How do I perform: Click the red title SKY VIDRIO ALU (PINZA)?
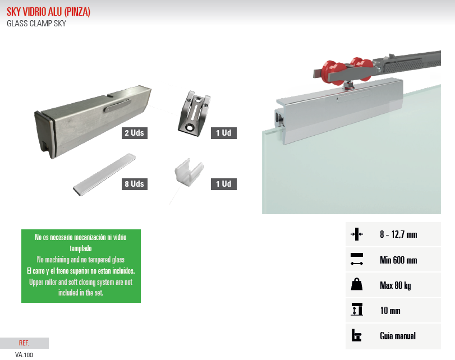point(48,12)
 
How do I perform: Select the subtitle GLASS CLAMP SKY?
point(36,24)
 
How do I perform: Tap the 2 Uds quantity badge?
point(134,133)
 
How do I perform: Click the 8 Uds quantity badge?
point(134,184)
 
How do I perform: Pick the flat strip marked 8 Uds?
point(104,174)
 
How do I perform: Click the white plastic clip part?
point(189,172)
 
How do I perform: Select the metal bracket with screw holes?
point(194,113)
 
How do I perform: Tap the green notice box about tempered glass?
point(81,266)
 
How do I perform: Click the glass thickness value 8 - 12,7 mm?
point(398,234)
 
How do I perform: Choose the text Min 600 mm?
point(398,260)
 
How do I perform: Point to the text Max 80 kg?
point(395,285)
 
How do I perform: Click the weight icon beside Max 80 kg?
point(357,284)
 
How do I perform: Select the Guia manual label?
point(398,336)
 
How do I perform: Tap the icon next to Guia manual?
point(356,335)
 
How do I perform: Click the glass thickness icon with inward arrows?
point(357,234)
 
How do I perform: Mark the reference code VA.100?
point(24,355)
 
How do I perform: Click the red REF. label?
point(24,343)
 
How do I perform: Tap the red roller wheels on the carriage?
point(348,71)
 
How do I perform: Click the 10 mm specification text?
point(390,311)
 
